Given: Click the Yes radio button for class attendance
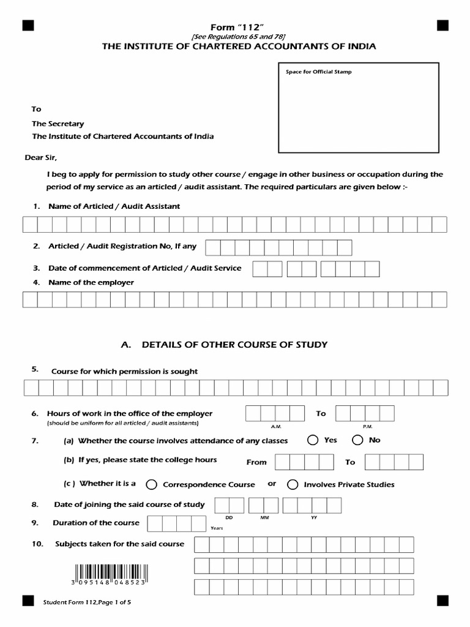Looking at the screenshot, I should (x=313, y=440).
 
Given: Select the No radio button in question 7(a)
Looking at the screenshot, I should (x=357, y=440).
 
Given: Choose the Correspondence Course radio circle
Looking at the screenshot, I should (x=151, y=484).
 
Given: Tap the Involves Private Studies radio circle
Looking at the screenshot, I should (x=293, y=484).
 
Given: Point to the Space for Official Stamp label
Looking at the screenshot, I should (x=318, y=72).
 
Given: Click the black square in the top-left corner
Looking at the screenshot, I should (x=28, y=25).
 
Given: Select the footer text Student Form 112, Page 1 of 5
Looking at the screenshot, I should (x=87, y=602).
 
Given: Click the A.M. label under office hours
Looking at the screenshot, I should (x=275, y=426).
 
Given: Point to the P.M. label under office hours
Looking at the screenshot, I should (x=367, y=426).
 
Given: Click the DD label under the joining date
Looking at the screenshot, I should (x=229, y=517).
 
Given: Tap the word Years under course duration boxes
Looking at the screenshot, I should (x=217, y=528).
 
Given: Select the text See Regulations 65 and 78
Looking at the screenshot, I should (x=238, y=37).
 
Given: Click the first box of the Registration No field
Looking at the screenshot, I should (x=212, y=247).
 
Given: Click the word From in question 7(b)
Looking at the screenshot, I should (x=256, y=462).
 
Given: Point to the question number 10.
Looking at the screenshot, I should (x=37, y=544).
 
